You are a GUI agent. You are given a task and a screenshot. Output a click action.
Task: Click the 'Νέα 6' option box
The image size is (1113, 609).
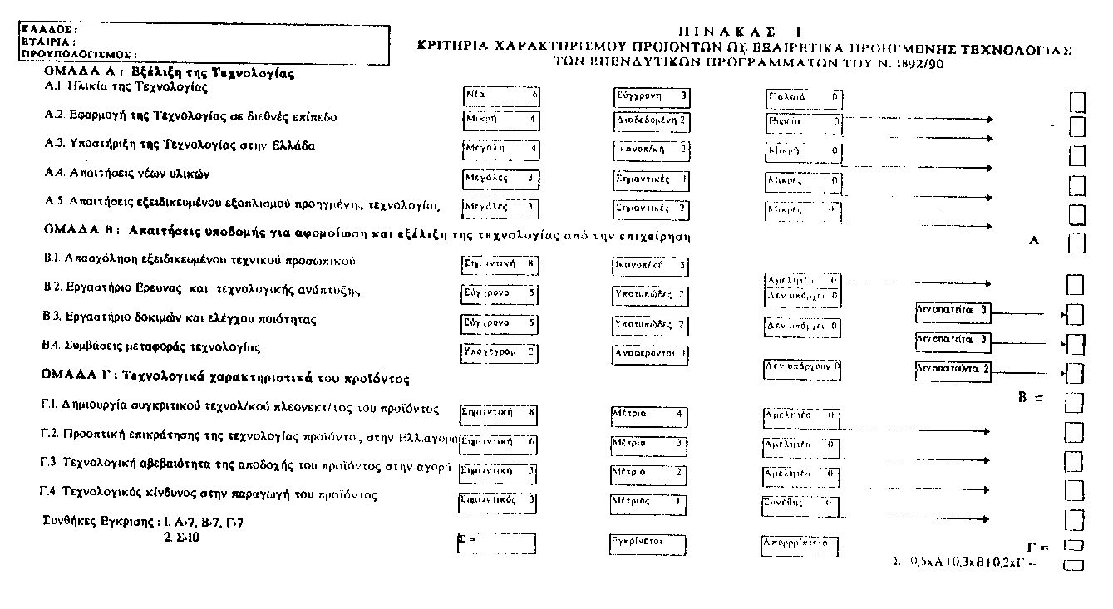click(x=501, y=96)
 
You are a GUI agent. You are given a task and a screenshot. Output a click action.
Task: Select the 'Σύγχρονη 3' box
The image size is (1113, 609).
click(x=652, y=96)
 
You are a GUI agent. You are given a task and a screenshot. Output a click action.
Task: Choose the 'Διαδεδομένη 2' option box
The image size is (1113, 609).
click(x=652, y=120)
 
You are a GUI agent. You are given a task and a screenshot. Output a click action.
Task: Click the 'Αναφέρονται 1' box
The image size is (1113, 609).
click(x=651, y=352)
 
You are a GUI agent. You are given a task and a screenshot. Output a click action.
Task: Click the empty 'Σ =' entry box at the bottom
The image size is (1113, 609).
click(x=497, y=543)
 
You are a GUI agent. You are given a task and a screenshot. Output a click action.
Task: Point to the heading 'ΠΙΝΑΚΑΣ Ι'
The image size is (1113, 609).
click(x=744, y=32)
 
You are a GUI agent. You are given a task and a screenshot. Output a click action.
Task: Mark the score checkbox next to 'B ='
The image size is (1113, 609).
click(x=1075, y=403)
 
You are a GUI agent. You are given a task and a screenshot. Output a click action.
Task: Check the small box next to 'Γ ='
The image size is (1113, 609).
click(x=1074, y=546)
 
